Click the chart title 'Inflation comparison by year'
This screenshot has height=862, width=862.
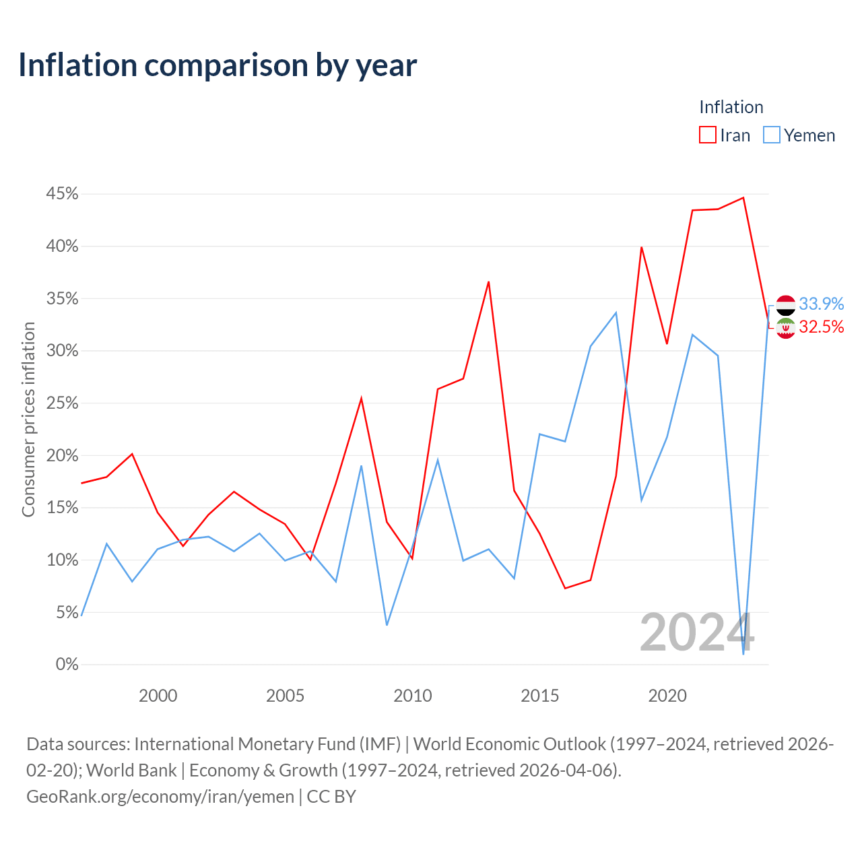coord(218,65)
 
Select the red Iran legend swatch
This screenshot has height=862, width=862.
coord(707,135)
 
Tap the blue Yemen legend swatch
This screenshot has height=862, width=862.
coord(771,135)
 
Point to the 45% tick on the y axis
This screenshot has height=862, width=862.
coord(62,194)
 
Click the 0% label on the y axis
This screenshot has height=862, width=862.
coord(67,664)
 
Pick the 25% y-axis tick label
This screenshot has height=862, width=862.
coord(62,403)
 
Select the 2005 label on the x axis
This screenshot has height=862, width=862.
coord(285,696)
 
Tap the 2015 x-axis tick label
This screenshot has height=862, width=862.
coord(539,696)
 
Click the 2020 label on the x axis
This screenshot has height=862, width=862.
coord(667,696)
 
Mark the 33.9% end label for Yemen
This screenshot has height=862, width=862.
coord(821,304)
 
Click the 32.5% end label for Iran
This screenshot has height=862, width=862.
coord(821,327)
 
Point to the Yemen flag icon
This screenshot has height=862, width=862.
coord(785,305)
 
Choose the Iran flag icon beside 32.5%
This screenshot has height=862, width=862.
coord(785,329)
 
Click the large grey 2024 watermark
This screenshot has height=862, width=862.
coord(697,632)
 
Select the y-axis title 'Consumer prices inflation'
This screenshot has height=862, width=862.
coord(28,420)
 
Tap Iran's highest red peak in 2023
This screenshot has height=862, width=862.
coord(743,198)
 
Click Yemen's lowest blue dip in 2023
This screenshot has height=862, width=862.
coord(743,654)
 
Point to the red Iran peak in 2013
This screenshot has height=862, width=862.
coord(488,281)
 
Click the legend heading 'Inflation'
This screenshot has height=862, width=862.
coord(731,107)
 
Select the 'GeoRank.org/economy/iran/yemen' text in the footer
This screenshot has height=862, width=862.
coord(160,797)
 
